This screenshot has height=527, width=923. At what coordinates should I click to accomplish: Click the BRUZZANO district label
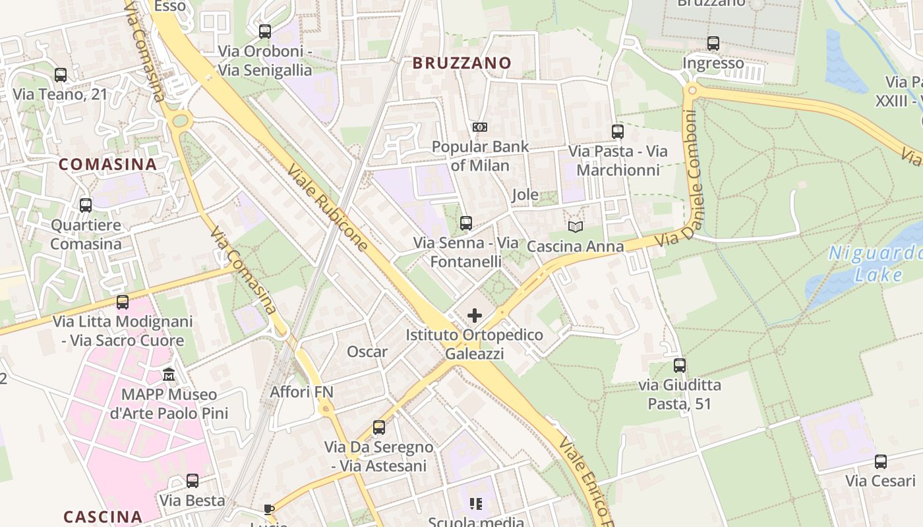pyautogui.click(x=461, y=63)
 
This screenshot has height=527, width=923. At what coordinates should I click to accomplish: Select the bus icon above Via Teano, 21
pyautogui.click(x=61, y=75)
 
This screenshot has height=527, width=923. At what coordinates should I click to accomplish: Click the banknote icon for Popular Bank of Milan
pyautogui.click(x=480, y=126)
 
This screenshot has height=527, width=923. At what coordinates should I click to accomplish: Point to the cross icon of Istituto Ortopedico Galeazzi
pyautogui.click(x=475, y=316)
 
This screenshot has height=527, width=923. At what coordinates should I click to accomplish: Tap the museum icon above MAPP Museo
pyautogui.click(x=169, y=375)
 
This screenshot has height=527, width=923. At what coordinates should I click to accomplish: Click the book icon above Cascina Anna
pyautogui.click(x=576, y=227)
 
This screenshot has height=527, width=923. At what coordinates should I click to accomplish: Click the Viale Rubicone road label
pyautogui.click(x=328, y=208)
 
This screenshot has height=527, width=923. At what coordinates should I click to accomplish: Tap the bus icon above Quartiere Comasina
pyautogui.click(x=86, y=206)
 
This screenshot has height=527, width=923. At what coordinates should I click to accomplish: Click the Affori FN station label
pyautogui.click(x=302, y=392)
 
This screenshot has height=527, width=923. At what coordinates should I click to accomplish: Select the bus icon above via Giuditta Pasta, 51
pyautogui.click(x=680, y=365)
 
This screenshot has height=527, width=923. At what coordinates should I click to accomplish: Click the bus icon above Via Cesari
pyautogui.click(x=881, y=461)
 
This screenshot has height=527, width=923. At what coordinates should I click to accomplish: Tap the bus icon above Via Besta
pyautogui.click(x=193, y=481)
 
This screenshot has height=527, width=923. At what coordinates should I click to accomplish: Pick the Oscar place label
pyautogui.click(x=367, y=352)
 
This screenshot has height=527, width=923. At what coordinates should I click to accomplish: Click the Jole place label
pyautogui.click(x=525, y=195)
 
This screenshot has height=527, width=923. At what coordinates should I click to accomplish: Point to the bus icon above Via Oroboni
pyautogui.click(x=265, y=31)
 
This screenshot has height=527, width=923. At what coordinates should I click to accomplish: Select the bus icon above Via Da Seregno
pyautogui.click(x=379, y=428)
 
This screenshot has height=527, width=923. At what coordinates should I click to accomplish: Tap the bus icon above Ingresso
pyautogui.click(x=713, y=43)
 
